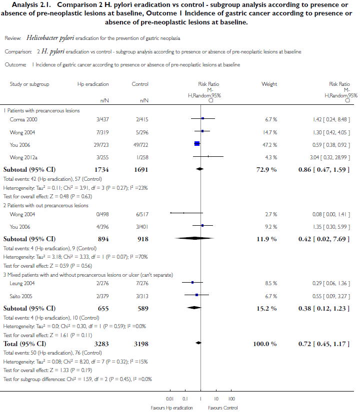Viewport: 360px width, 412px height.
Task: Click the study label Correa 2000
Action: pos(23,119)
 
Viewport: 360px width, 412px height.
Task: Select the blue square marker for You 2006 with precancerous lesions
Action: pos(197,144)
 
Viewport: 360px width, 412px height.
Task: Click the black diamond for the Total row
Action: pos(198,343)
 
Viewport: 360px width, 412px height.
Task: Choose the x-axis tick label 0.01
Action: pos(170,399)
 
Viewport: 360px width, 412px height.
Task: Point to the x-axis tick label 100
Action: pos(231,399)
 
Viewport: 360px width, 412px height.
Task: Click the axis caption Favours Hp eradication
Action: pos(171,408)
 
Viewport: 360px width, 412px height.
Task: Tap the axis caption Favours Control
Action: pos(223,408)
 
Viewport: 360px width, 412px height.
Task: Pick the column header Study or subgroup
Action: pos(29,84)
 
